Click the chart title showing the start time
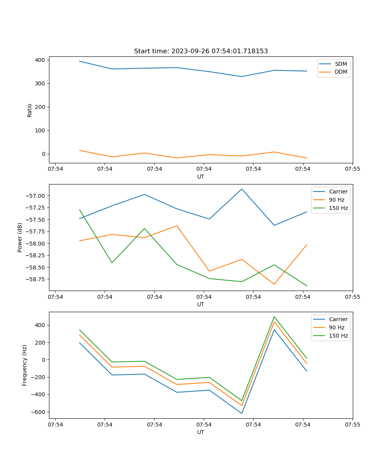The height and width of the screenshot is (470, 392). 201,51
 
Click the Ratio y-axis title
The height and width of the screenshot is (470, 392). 30,110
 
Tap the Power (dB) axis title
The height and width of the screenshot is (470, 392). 20,237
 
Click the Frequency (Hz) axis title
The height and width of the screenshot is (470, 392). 25,365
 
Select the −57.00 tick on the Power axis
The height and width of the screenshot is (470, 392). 37,196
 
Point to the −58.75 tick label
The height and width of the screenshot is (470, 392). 37,279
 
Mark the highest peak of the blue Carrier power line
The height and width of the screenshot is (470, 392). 242,189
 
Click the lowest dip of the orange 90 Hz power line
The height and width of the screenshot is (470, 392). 274,284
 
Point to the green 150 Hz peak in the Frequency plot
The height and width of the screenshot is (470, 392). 274,316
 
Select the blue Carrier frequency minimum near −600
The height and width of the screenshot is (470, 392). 242,413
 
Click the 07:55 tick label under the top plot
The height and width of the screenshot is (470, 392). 352,169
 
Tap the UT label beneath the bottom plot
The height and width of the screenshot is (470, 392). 201,432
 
